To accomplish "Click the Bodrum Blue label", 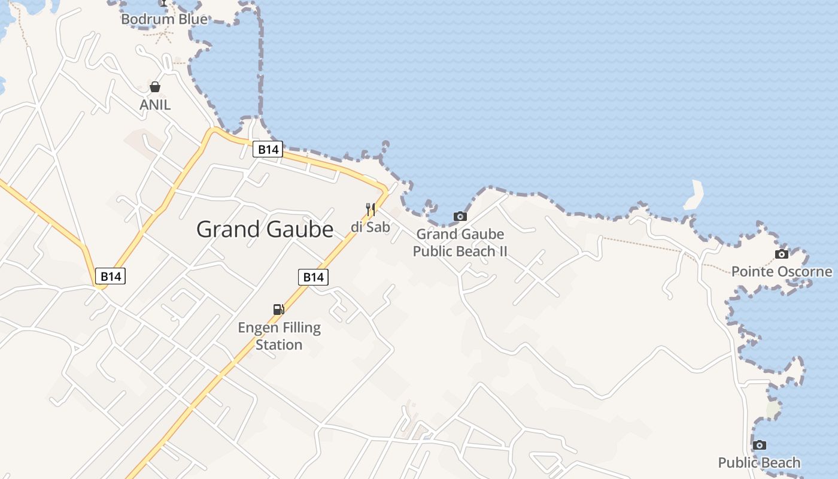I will pyautogui.click(x=164, y=19).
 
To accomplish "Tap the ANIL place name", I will pyautogui.click(x=155, y=105).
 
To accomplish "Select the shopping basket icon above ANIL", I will pyautogui.click(x=155, y=87).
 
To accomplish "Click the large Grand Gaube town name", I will pyautogui.click(x=265, y=229).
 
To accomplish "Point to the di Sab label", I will pyautogui.click(x=370, y=227).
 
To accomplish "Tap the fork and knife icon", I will pyautogui.click(x=371, y=210).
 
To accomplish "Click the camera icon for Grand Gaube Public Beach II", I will pyautogui.click(x=460, y=216).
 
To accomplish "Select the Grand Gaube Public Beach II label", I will pyautogui.click(x=460, y=242).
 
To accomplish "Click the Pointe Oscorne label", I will pyautogui.click(x=781, y=272).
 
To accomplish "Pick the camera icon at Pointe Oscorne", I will pyautogui.click(x=781, y=254).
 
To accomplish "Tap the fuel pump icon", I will pyautogui.click(x=278, y=309).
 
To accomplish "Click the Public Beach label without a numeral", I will pyautogui.click(x=759, y=462).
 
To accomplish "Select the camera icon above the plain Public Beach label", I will pyautogui.click(x=759, y=445).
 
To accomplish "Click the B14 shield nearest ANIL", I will pyautogui.click(x=268, y=149).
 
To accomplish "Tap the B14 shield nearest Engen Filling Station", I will pyautogui.click(x=313, y=277).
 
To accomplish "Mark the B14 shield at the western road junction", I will pyautogui.click(x=110, y=276).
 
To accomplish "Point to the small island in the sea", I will pyautogui.click(x=694, y=195).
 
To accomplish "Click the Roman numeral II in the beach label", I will pyautogui.click(x=502, y=251).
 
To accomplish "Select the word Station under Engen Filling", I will pyautogui.click(x=279, y=345).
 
